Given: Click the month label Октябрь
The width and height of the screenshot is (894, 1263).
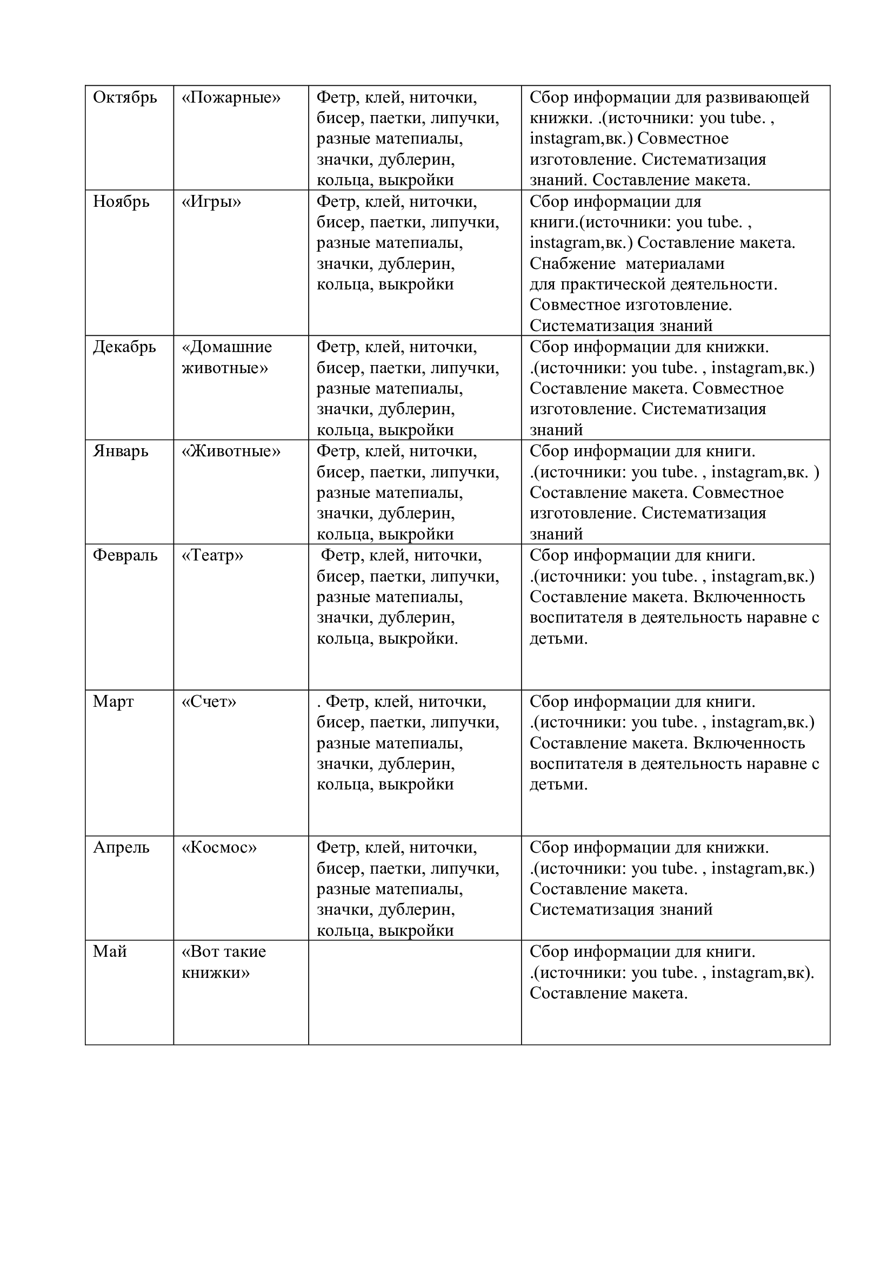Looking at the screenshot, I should click(125, 97).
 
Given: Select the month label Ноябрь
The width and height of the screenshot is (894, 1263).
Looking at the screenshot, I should click(121, 202).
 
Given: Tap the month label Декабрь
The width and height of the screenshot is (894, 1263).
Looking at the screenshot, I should click(124, 347).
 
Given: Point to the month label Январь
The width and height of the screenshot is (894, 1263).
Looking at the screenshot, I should click(121, 451).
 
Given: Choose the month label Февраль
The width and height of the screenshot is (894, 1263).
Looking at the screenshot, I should click(125, 556).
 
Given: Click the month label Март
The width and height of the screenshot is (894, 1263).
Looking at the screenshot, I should click(113, 701).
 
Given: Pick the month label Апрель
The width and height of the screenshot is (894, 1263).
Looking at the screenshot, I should click(121, 847).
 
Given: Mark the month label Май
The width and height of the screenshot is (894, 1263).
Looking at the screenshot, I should click(110, 951).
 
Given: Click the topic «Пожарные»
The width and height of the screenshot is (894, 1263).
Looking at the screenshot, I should click(231, 97).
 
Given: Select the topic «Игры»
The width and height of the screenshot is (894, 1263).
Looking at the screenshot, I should click(211, 202).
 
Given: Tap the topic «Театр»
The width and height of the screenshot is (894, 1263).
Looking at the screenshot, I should click(212, 556).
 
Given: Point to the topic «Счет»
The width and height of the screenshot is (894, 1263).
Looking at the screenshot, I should click(209, 701).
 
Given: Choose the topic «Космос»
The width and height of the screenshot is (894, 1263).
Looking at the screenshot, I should click(219, 847).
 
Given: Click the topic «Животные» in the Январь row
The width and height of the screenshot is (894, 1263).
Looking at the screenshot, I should click(231, 451).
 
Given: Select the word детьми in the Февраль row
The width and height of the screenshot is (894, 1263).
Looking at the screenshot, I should click(558, 639).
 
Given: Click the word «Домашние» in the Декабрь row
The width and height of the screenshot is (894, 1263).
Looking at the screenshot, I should click(227, 347).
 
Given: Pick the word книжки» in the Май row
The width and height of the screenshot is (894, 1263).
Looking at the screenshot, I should click(216, 972).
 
